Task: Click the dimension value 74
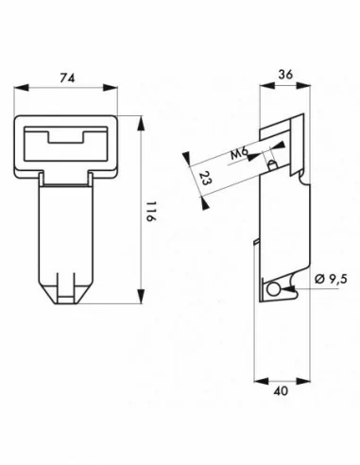[68, 77]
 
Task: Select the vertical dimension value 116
[150, 211]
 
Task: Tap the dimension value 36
[285, 75]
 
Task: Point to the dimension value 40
[281, 391]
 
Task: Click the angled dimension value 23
[206, 178]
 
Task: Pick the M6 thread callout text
[239, 154]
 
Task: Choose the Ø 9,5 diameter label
[331, 279]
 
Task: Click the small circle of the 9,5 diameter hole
[273, 289]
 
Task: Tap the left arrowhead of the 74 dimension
[22, 88]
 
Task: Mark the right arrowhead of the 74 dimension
[111, 88]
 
